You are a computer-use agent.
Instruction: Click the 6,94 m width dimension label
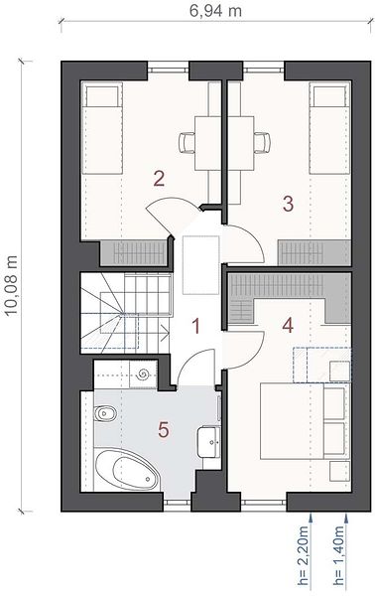tap(215, 11)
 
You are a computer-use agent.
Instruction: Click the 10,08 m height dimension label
tap(12, 285)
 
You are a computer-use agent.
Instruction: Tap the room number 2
tap(159, 179)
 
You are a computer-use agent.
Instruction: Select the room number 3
tap(288, 204)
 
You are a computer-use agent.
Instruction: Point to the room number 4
tap(288, 326)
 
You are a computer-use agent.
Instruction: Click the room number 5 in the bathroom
tap(164, 430)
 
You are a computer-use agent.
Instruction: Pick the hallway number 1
tap(195, 326)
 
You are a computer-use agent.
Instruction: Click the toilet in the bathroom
tap(105, 413)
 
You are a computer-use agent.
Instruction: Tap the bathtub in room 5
tap(127, 470)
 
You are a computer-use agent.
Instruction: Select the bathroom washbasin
tap(208, 442)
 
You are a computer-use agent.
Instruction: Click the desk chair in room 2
tap(187, 142)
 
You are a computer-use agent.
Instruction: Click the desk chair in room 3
tap(262, 142)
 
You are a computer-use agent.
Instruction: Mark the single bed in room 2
tap(102, 129)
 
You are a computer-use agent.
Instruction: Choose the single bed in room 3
tap(329, 129)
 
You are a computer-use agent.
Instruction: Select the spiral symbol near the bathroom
tap(143, 374)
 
